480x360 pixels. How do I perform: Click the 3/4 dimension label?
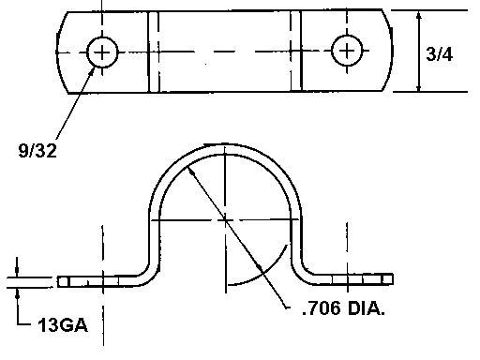(x=439, y=54)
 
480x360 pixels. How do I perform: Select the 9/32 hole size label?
(x=37, y=151)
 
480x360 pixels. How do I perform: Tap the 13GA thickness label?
(x=63, y=325)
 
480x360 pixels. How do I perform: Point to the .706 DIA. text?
(x=343, y=308)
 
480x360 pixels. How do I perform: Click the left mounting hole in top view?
(x=102, y=52)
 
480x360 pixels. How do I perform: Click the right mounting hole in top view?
(x=347, y=51)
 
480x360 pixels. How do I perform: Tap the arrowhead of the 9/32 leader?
(x=92, y=70)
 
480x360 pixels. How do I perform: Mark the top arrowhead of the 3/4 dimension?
(x=419, y=16)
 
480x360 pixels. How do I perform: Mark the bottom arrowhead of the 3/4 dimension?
(x=419, y=87)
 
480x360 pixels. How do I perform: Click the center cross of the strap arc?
(x=225, y=220)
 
